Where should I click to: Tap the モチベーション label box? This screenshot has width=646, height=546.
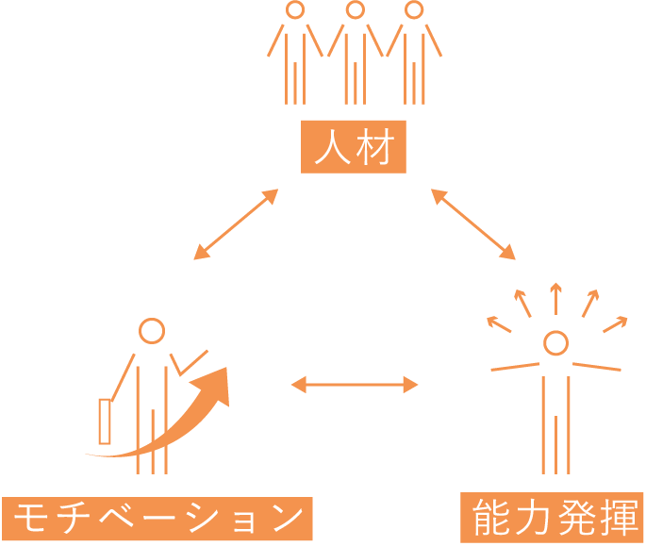click(x=157, y=519)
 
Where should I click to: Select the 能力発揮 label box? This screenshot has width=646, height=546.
click(x=552, y=517)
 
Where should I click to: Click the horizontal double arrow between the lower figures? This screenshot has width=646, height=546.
click(x=354, y=384)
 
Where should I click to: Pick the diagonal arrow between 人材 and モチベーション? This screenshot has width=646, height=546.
click(x=236, y=223)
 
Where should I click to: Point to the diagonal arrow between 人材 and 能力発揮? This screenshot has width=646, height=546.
click(x=473, y=223)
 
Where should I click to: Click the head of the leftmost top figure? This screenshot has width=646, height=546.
click(x=295, y=10)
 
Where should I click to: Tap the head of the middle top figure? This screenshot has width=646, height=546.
click(x=355, y=10)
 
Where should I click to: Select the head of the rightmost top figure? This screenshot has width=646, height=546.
click(x=413, y=10)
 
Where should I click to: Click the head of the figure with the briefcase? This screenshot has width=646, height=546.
click(x=152, y=331)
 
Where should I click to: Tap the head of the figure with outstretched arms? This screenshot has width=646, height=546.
click(x=555, y=342)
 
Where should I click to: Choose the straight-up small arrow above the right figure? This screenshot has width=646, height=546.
click(x=555, y=297)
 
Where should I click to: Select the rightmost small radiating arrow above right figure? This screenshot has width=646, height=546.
click(x=615, y=323)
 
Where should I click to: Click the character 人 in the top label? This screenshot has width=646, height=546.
click(x=332, y=149)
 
